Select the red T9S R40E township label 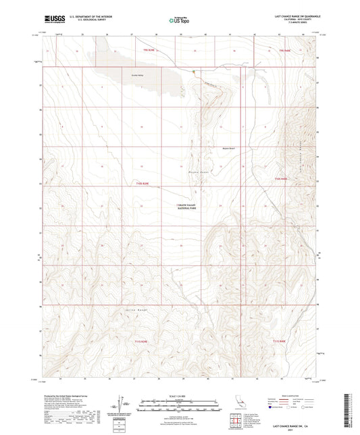click(278, 50)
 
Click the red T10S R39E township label click(140, 183)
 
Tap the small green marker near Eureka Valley click(193, 72)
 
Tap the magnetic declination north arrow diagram click(122, 405)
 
